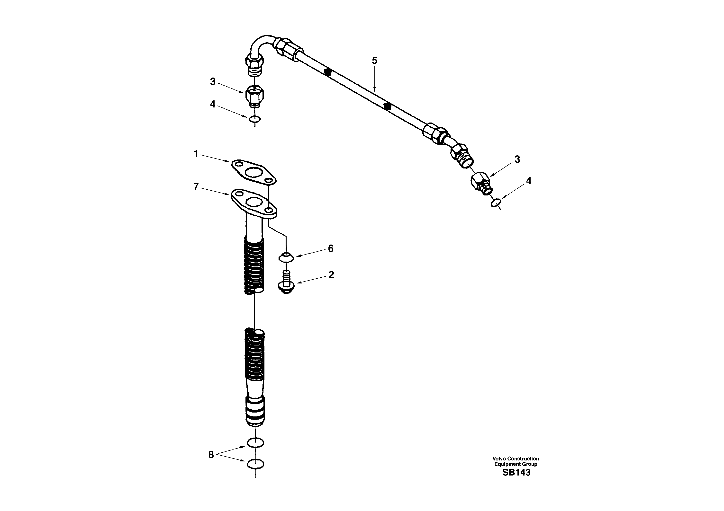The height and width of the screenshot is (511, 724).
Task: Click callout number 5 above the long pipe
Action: [374, 61]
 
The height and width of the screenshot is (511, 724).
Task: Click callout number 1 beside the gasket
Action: [196, 154]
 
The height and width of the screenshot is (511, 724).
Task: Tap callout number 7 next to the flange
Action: [196, 187]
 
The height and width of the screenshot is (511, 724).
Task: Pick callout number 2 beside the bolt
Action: [331, 275]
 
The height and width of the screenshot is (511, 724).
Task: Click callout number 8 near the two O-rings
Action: [211, 455]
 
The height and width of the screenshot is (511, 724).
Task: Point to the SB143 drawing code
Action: [516, 473]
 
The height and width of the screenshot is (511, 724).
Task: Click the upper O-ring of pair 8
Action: [255, 442]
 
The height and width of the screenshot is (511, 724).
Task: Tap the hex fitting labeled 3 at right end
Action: [481, 183]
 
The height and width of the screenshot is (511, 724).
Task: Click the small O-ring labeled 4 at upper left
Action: [255, 119]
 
